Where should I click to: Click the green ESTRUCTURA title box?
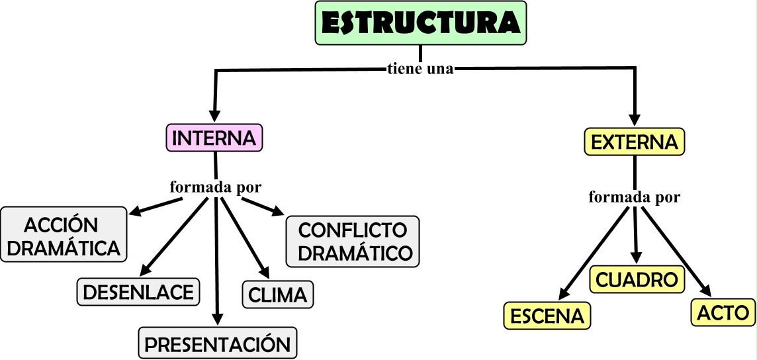(x=421, y=22)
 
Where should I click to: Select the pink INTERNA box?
(x=214, y=138)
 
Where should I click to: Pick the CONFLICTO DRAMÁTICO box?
(x=353, y=242)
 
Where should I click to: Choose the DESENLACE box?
(x=138, y=292)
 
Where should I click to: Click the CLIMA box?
(x=278, y=294)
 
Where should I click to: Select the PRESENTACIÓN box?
(x=218, y=343)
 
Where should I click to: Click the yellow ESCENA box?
(x=547, y=316)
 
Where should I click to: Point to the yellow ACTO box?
(x=723, y=312)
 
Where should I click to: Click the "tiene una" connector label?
(x=420, y=69)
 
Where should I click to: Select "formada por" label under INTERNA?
(x=216, y=187)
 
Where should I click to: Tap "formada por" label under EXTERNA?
(x=634, y=197)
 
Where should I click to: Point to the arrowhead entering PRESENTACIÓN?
(x=218, y=320)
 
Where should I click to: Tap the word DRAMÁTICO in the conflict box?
(x=353, y=253)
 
